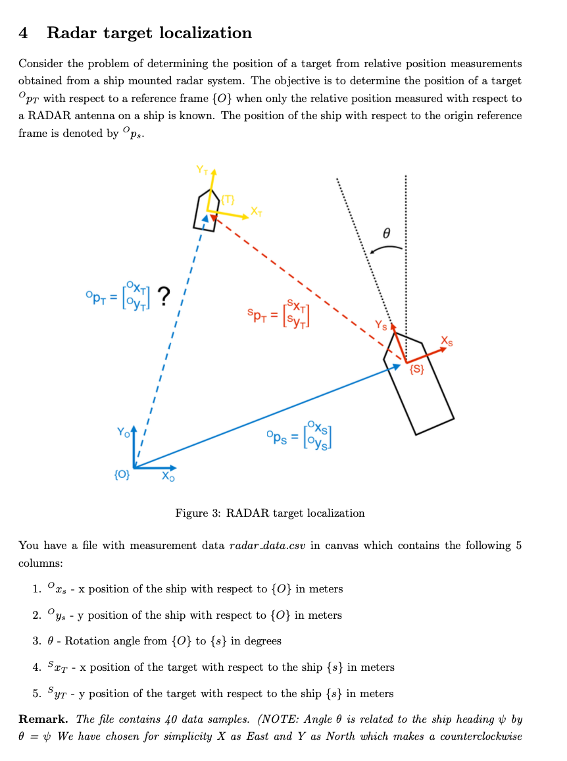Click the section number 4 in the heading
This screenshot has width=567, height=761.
pos(23,33)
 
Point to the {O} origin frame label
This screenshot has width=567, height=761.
pos(122,474)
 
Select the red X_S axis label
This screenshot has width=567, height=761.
pos(447,341)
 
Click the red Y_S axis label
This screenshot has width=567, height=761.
pos(381,324)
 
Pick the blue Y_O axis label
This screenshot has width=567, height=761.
pos(123,433)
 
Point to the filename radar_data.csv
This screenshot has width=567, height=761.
pos(266,545)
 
